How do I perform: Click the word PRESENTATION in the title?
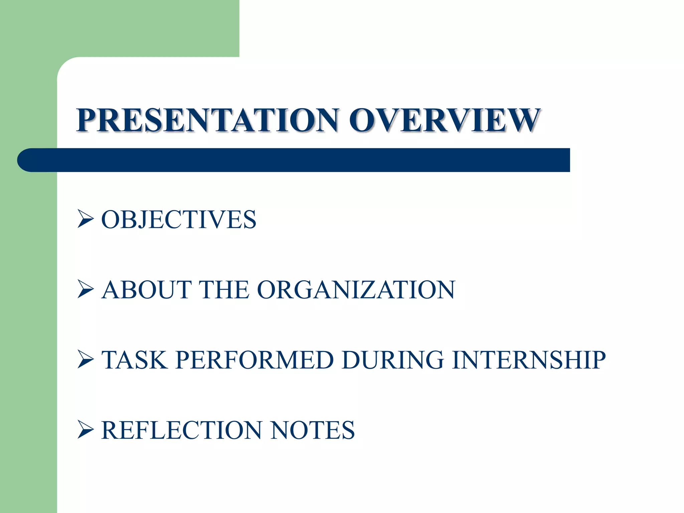(207, 120)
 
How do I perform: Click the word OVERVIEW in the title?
(444, 120)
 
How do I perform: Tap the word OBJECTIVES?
(179, 220)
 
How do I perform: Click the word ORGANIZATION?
(356, 290)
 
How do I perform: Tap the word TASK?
(134, 360)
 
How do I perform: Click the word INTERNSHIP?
(529, 360)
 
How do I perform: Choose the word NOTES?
(312, 430)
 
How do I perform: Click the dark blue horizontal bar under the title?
(301, 160)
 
